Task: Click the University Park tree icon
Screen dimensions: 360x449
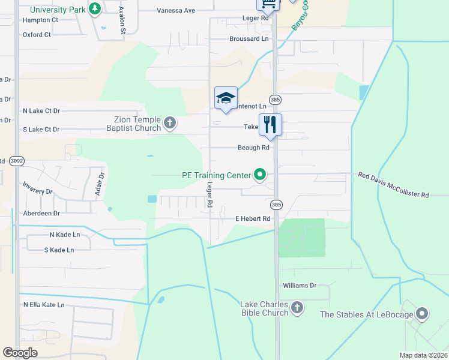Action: pos(94,9)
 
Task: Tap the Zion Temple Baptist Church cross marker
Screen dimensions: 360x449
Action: pos(170,124)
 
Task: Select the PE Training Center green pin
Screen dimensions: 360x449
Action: pos(260,175)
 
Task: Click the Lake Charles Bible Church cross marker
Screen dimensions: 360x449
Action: pos(297,308)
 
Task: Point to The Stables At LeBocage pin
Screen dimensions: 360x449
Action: pos(423,314)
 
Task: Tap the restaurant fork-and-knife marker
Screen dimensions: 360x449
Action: pos(270,124)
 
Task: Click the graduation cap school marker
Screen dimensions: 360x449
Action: pos(226,98)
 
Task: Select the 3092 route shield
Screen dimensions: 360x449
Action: pos(17,160)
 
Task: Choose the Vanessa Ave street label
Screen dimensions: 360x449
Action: pos(176,11)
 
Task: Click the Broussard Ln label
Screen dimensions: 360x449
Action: pos(249,38)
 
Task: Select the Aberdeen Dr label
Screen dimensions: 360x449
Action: pos(41,213)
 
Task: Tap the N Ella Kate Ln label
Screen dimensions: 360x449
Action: pos(44,305)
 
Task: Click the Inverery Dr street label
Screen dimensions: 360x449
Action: pos(37,191)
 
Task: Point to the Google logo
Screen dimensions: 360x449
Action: pos(20,353)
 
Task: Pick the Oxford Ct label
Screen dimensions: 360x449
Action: pos(37,35)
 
